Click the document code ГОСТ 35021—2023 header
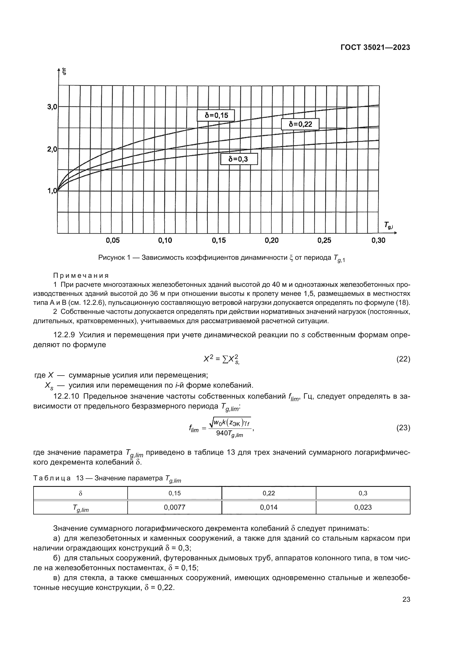click(375, 48)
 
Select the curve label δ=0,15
click(216, 116)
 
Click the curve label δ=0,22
click(300, 124)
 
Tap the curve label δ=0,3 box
click(239, 159)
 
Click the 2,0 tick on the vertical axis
click(52, 149)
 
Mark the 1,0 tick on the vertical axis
click(52, 191)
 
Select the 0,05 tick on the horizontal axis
click(112, 241)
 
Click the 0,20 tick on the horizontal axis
click(271, 241)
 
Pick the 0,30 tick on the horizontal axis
click(378, 241)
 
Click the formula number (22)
click(403, 359)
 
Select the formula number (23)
click(403, 428)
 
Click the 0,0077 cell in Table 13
click(174, 507)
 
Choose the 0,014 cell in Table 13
click(268, 507)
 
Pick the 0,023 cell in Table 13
click(363, 507)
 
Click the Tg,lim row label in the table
click(80, 508)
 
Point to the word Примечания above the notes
click(81, 276)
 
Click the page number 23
click(406, 599)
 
